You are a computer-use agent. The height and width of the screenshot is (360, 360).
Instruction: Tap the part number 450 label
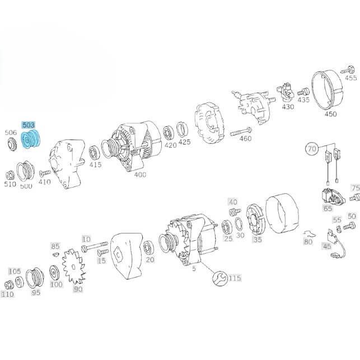330,114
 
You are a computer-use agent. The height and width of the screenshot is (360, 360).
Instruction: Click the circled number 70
312,149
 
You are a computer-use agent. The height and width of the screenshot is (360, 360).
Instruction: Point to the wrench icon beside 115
220,278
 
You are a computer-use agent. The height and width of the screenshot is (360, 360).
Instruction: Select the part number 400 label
140,174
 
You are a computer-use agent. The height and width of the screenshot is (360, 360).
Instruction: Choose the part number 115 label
235,278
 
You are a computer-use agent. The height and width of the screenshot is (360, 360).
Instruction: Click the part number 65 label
327,207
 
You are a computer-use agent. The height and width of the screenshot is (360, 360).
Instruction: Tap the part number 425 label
184,142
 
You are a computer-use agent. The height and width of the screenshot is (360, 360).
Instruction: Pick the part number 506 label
10,133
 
